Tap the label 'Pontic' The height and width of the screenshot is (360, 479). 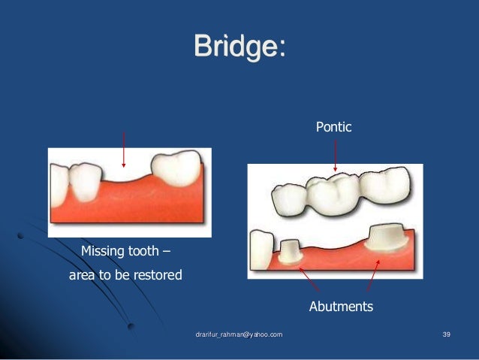coord(333,128)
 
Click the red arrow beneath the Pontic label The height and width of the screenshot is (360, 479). coord(335,158)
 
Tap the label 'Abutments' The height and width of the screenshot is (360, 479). coord(341,307)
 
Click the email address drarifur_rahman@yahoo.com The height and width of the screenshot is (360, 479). coord(239,333)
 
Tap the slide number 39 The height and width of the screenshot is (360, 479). coord(445,333)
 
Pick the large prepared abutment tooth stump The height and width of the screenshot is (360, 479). coord(383,239)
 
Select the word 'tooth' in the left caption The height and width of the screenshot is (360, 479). coord(143,251)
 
